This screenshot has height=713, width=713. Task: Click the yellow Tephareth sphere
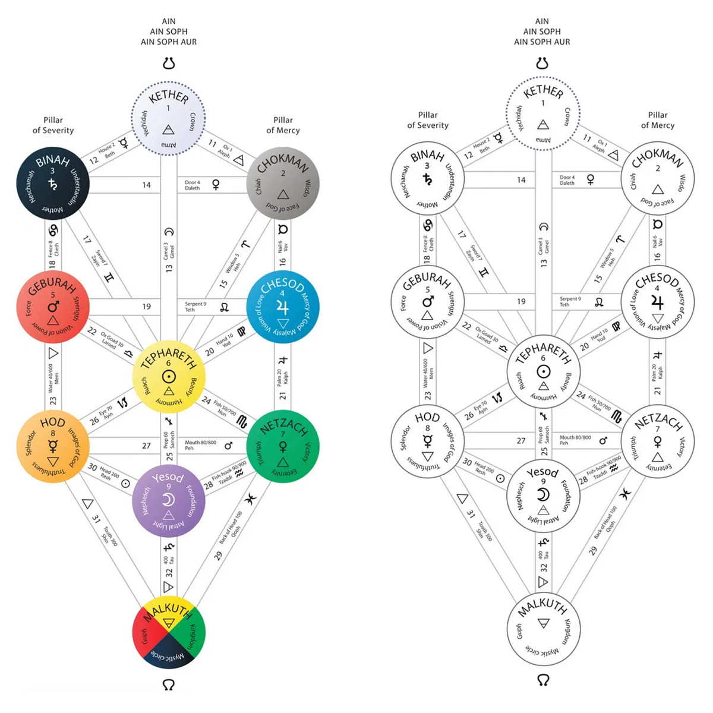[x=169, y=377]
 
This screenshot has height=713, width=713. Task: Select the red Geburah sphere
[x=53, y=307]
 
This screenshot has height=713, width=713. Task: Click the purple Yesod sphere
[x=169, y=501]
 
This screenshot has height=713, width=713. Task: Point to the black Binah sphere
[x=53, y=185]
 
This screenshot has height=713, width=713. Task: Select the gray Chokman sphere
[x=283, y=184]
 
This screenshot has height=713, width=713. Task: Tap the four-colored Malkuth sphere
[x=169, y=632]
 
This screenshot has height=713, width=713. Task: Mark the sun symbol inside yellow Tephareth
[x=169, y=376]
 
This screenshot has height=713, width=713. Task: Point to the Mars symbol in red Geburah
[x=53, y=306]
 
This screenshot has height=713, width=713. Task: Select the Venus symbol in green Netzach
[x=283, y=446]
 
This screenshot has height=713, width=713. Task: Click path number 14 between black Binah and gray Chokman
[x=146, y=185]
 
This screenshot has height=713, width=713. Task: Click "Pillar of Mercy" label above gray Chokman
[x=283, y=125]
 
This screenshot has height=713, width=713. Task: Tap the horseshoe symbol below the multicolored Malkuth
[x=169, y=684]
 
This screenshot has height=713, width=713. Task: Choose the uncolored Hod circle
[x=427, y=442]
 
